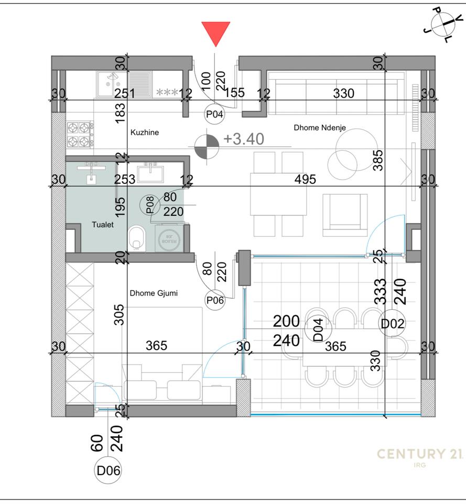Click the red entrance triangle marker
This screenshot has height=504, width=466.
pyautogui.click(x=215, y=33)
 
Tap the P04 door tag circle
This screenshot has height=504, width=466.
pyautogui.click(x=214, y=114)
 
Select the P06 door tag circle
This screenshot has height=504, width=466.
pyautogui.click(x=215, y=300)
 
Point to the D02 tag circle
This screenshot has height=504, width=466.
pyautogui.click(x=393, y=323)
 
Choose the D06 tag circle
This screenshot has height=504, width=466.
pyautogui.click(x=109, y=471)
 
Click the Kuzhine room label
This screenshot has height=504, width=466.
pyautogui.click(x=144, y=133)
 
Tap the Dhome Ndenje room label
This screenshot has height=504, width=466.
pyautogui.click(x=319, y=128)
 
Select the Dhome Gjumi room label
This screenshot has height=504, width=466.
pyautogui.click(x=153, y=293)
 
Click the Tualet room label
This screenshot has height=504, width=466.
pyautogui.click(x=103, y=224)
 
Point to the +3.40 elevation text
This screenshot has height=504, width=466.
pyautogui.click(x=244, y=139)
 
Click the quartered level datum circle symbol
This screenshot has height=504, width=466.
pyautogui.click(x=206, y=146)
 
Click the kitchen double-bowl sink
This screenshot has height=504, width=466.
pyautogui.click(x=111, y=83)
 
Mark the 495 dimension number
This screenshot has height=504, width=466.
pyautogui.click(x=305, y=179)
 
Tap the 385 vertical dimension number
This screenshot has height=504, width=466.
pyautogui.click(x=380, y=160)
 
